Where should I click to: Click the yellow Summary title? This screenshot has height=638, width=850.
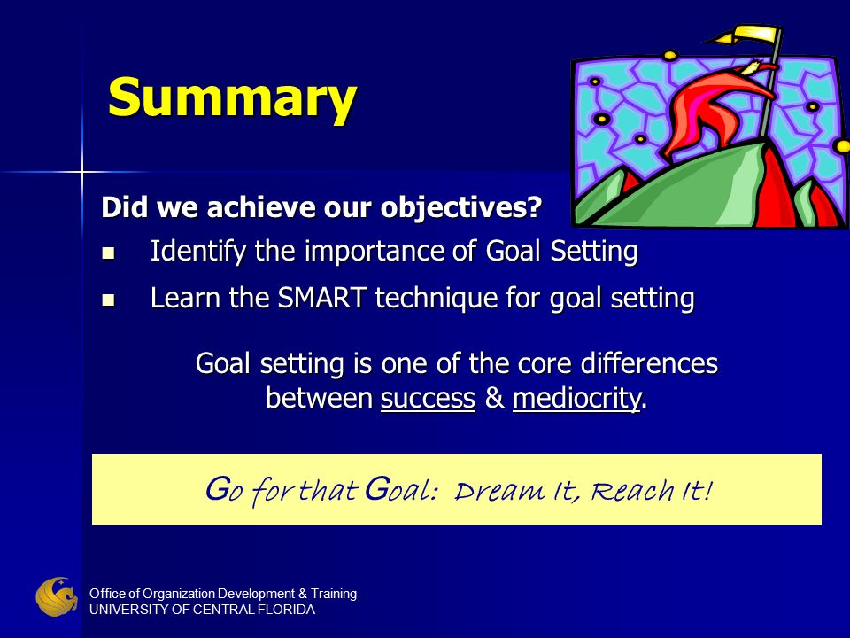233,97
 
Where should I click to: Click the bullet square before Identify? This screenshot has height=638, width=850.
108,253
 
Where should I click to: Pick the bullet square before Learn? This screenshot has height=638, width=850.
108,300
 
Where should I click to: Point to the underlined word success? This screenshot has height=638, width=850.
428,398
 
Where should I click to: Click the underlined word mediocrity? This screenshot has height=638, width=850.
576,398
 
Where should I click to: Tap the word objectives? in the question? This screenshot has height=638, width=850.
461,207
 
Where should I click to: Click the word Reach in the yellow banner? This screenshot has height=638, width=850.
632,490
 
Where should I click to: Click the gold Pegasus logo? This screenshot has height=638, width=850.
57,596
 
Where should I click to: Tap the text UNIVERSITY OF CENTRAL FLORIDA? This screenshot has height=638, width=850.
202,610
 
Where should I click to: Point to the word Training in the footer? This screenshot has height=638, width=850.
334,594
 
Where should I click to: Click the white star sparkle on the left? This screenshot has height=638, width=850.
81,172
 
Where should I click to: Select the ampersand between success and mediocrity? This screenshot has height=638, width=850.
494,398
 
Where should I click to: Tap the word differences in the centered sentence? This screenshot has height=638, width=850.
649,363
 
